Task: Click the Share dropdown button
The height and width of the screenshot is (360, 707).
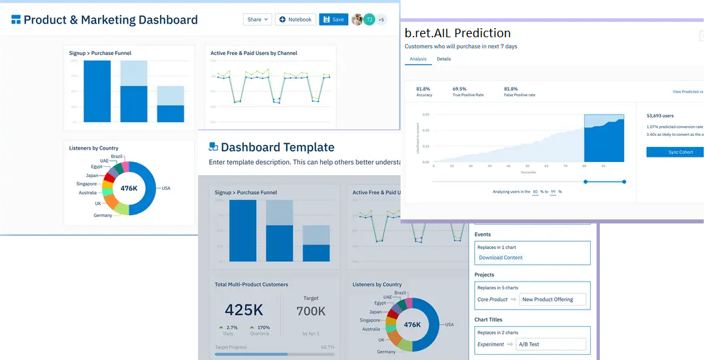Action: click(x=257, y=20)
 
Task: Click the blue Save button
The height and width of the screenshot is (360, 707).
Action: click(x=333, y=20)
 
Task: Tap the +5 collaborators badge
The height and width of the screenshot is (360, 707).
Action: click(x=381, y=20)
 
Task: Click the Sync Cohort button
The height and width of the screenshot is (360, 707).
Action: click(x=676, y=152)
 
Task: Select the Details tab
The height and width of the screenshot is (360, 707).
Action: click(x=444, y=59)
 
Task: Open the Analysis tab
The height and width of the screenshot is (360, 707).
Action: click(x=418, y=59)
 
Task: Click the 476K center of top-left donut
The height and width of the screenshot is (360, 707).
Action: click(x=129, y=188)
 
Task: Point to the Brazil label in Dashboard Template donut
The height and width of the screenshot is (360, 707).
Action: click(x=401, y=293)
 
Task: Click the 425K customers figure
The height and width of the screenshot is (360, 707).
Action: click(x=244, y=310)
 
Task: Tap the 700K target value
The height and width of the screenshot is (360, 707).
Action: click(x=310, y=311)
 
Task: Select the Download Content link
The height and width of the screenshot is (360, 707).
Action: click(x=501, y=257)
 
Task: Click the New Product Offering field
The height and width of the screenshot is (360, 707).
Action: click(x=553, y=299)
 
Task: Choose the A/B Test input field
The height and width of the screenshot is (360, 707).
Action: click(x=553, y=344)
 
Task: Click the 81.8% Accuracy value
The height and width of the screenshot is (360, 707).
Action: click(x=423, y=89)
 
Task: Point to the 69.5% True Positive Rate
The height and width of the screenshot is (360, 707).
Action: click(x=459, y=89)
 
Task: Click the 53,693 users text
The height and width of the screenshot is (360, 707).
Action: click(x=660, y=116)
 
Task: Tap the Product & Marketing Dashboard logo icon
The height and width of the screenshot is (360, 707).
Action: click(x=16, y=20)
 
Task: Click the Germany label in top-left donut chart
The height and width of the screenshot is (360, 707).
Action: click(x=103, y=215)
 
